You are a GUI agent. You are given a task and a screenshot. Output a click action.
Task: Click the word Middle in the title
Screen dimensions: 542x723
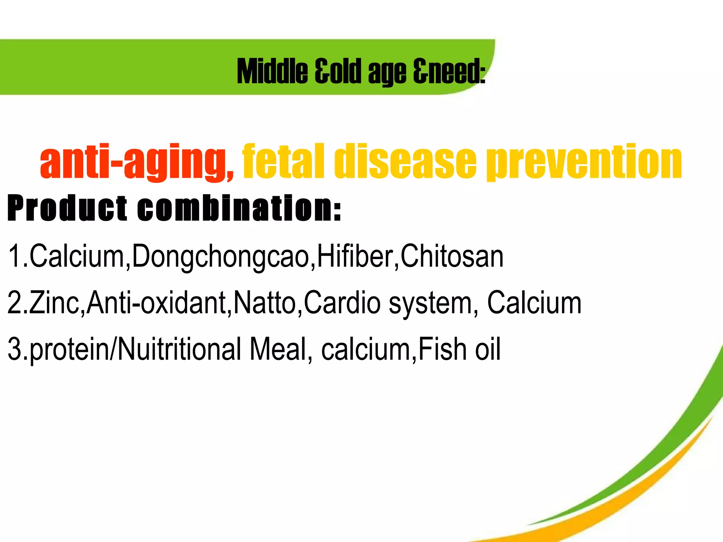point(272,72)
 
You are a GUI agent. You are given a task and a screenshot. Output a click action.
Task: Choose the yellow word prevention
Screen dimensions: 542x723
point(584,162)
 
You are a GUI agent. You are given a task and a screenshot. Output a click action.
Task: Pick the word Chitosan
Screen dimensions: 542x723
point(452,256)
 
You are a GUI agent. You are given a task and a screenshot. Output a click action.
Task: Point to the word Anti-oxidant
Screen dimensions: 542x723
point(157,302)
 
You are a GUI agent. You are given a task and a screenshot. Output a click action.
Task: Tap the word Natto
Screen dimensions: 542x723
point(265,302)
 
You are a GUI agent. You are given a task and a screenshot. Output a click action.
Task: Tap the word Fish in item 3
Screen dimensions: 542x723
point(443,349)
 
